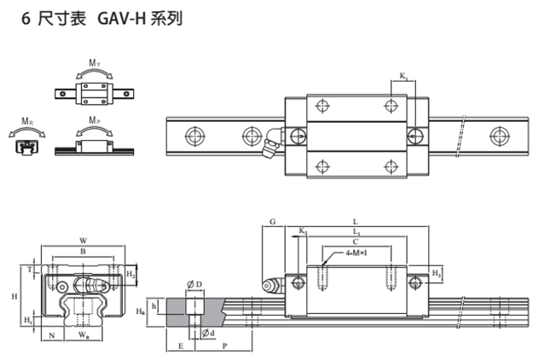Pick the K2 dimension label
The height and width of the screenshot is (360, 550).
pos(304,231)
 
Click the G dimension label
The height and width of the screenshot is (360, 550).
pos(271,221)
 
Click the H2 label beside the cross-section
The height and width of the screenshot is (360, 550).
pos(130,274)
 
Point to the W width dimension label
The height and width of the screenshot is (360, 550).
pos(83,240)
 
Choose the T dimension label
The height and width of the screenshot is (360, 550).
pos(32,269)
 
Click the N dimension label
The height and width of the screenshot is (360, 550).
pos(52,336)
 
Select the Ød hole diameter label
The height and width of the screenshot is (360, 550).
pos(207,332)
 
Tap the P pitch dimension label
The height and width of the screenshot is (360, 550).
pos(224,347)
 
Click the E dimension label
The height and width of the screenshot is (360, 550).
pos(181,347)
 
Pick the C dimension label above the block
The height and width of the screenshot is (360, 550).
pos(356,241)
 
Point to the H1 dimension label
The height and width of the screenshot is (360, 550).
pos(27,320)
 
